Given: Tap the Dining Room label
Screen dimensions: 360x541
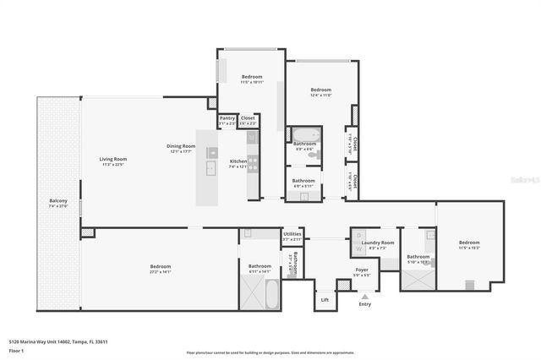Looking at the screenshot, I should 182,146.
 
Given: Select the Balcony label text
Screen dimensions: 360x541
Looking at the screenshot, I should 57,200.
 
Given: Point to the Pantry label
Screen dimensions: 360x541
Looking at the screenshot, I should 227,118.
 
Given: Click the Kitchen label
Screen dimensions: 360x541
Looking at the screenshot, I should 239,161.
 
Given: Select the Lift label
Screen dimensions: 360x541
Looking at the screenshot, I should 325,299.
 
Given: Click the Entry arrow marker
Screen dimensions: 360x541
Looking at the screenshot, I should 365,297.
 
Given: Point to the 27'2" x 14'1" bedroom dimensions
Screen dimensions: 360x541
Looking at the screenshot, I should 161,272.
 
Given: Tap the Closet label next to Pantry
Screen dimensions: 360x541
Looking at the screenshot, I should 248,118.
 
